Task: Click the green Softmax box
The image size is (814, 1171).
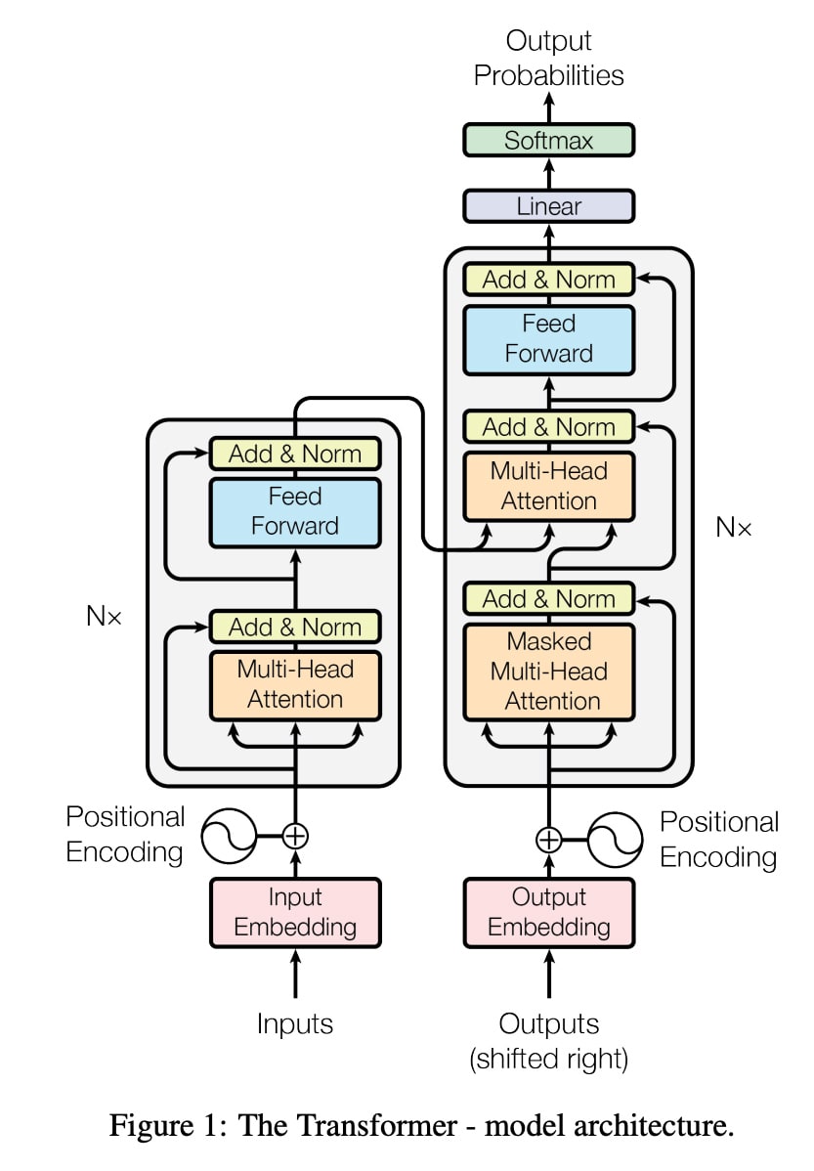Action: (548, 140)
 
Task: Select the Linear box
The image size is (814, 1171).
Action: (548, 206)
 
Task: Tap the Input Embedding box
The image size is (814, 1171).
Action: (295, 911)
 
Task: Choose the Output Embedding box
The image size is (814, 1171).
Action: (548, 911)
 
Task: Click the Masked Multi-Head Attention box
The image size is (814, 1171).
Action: (548, 672)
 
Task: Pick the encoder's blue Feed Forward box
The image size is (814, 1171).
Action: (295, 511)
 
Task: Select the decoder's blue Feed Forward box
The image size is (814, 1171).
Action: (548, 338)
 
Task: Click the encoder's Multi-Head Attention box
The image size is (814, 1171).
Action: (295, 684)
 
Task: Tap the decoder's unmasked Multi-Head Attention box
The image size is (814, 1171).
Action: (548, 486)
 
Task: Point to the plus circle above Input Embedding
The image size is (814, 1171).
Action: (295, 836)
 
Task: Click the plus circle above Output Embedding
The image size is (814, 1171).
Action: (549, 839)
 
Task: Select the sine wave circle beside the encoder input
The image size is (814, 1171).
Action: (228, 836)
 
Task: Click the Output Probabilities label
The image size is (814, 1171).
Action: (548, 58)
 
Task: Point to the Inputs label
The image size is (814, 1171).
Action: (295, 1023)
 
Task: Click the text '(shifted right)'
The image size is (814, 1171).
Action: (548, 1059)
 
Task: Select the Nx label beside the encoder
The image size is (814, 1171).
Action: (103, 618)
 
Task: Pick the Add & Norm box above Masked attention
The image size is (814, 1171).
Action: (548, 598)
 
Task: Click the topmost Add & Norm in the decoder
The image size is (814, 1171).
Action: (548, 280)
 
